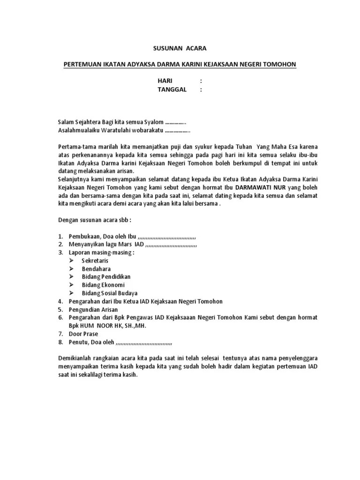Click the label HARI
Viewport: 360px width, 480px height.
(x=165, y=81)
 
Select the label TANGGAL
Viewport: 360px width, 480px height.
(x=172, y=90)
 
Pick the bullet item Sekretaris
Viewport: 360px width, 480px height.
(x=95, y=260)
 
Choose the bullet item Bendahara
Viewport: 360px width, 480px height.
(x=96, y=269)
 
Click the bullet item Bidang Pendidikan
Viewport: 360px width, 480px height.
(x=106, y=277)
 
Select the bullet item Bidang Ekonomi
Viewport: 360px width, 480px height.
(x=103, y=285)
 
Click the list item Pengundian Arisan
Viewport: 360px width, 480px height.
(x=93, y=309)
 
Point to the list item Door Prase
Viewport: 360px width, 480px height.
(x=83, y=334)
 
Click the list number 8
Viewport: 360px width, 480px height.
(x=60, y=342)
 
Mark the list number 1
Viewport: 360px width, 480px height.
(x=60, y=236)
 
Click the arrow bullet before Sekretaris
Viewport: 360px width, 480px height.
(x=72, y=260)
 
